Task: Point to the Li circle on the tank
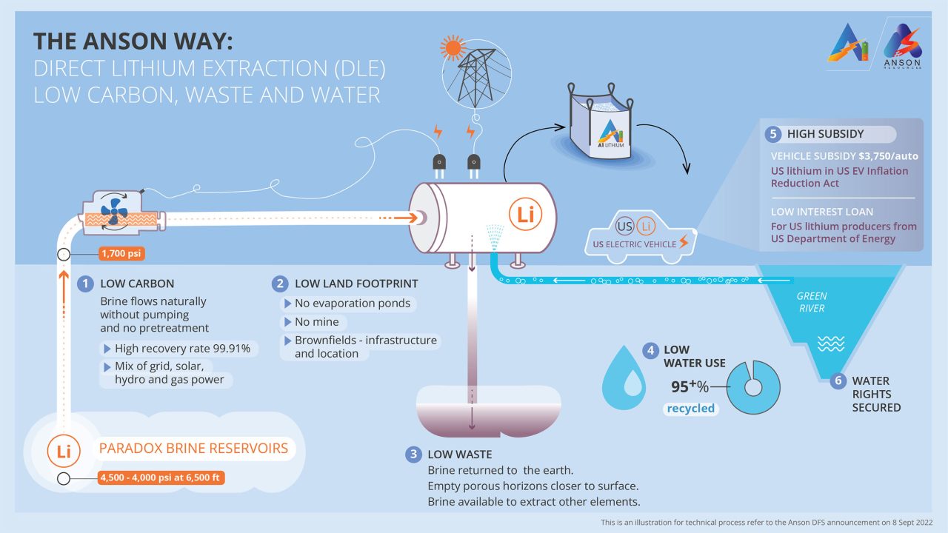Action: [x=525, y=215]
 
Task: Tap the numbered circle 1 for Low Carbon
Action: [x=86, y=284]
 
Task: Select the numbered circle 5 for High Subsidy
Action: [x=773, y=134]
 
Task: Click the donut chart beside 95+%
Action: [x=753, y=386]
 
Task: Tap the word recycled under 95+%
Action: [x=690, y=408]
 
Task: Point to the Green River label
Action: [x=812, y=302]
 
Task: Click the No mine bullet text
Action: [x=316, y=322]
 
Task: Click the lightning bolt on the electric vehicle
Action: [x=683, y=242]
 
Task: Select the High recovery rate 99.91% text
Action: [x=182, y=348]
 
